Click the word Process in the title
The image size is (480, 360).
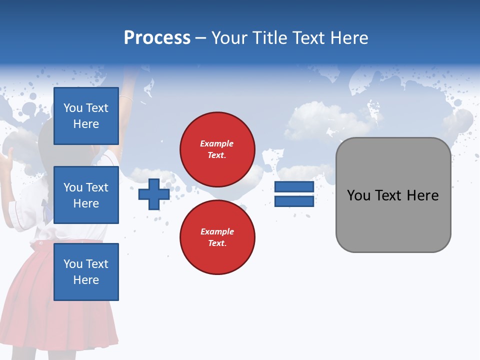pos(157,38)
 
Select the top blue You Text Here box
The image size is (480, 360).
pos(86,116)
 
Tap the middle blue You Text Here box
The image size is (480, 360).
pos(86,195)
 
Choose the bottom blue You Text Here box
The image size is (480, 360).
pos(86,271)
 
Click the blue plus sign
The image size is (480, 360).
pos(154,194)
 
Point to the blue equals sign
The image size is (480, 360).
pos(294,194)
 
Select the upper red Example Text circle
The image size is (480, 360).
pos(217,149)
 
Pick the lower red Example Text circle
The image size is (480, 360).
pos(217,237)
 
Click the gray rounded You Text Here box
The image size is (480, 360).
pos(393,195)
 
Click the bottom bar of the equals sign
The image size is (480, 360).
pos(294,201)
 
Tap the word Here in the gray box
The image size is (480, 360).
pos(422,195)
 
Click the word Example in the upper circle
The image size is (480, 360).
pos(217,143)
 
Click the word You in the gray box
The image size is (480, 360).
pos(358,195)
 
